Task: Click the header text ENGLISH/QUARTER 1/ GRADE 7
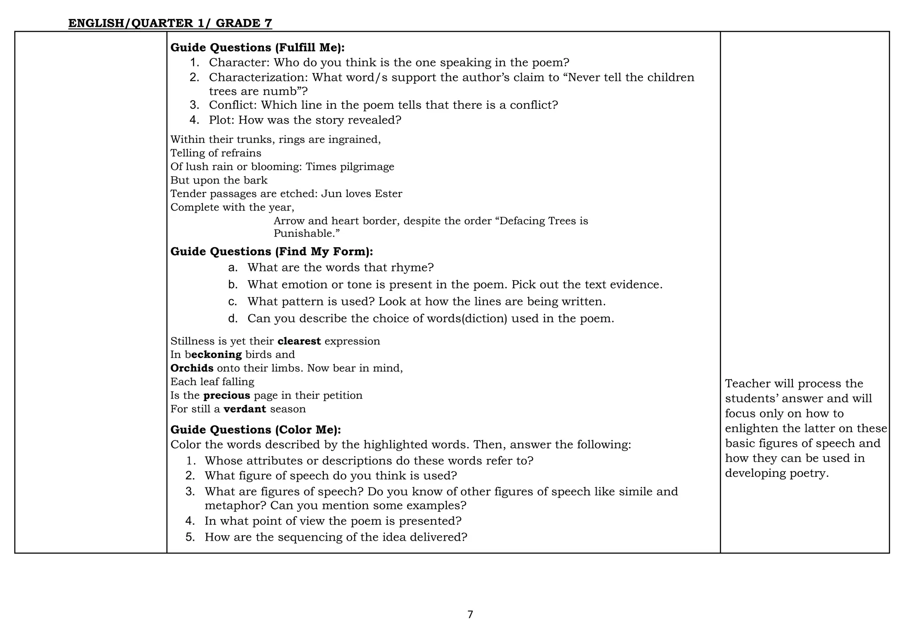[x=170, y=23]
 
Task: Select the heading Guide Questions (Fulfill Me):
[x=257, y=48]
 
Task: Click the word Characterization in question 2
[x=259, y=77]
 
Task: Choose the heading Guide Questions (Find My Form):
[x=271, y=252]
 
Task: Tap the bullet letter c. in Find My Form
[x=233, y=302]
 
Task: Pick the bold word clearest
[x=299, y=341]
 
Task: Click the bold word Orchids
[x=192, y=368]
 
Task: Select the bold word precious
[x=227, y=395]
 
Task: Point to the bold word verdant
[x=245, y=409]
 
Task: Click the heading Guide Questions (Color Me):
[x=256, y=430]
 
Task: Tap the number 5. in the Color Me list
[x=190, y=537]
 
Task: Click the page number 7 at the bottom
[x=470, y=615]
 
